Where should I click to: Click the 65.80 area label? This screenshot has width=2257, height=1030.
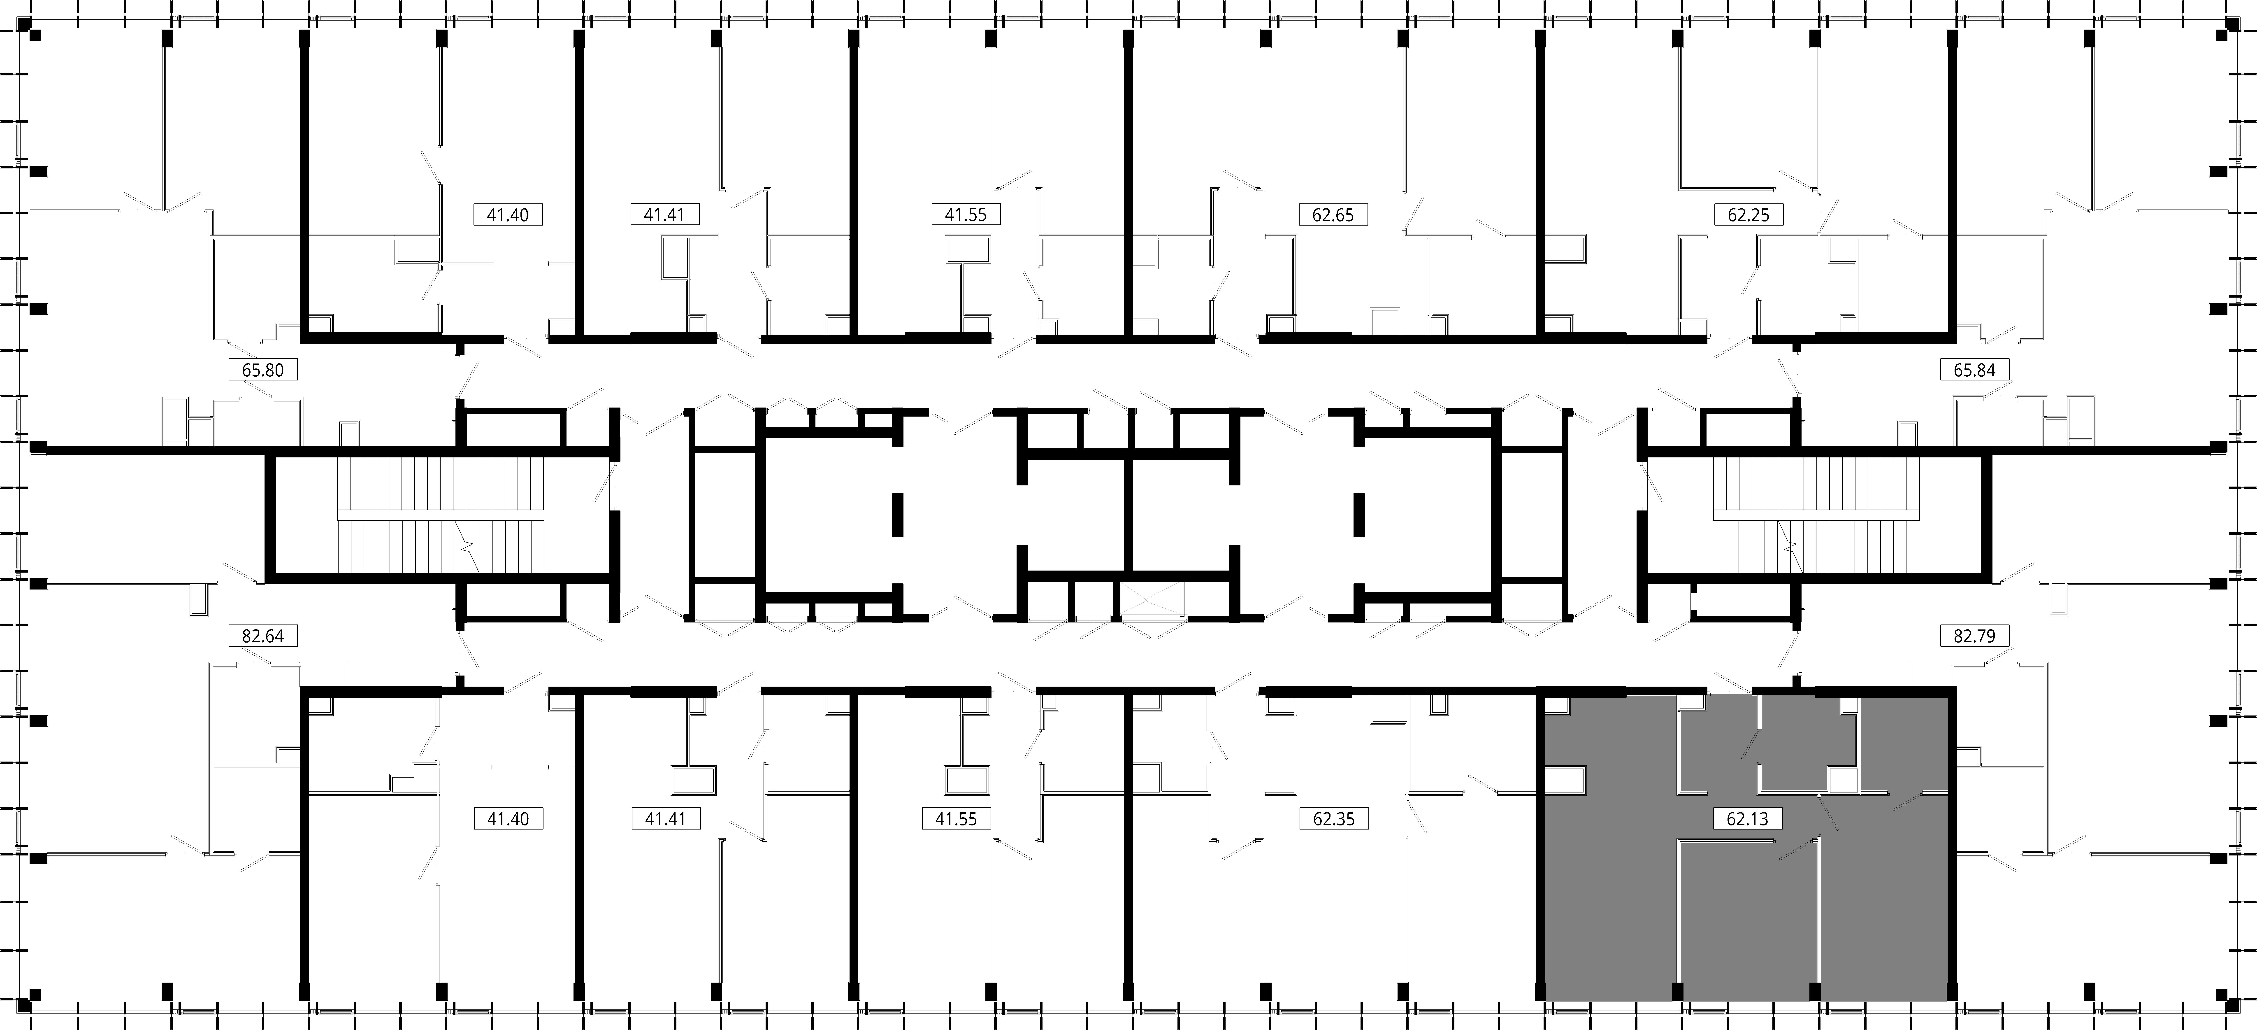[x=263, y=370]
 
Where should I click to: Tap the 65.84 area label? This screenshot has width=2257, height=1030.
[x=1974, y=370]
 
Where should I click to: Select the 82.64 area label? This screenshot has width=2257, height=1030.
[x=263, y=636]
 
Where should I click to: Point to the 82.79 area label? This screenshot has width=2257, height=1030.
[x=1974, y=636]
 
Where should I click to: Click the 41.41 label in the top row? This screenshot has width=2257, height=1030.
[x=664, y=214]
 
